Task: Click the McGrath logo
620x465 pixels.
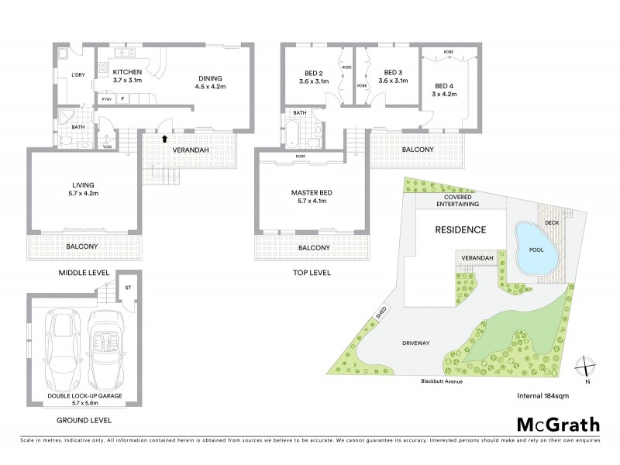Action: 557,424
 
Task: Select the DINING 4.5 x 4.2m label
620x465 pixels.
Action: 209,82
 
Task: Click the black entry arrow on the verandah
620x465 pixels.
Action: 165,139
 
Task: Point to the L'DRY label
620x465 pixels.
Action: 77,74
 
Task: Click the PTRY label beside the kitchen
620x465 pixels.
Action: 107,99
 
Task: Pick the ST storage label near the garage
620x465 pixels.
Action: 129,286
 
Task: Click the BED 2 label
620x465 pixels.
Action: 311,74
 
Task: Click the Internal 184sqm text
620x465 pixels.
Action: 542,395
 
